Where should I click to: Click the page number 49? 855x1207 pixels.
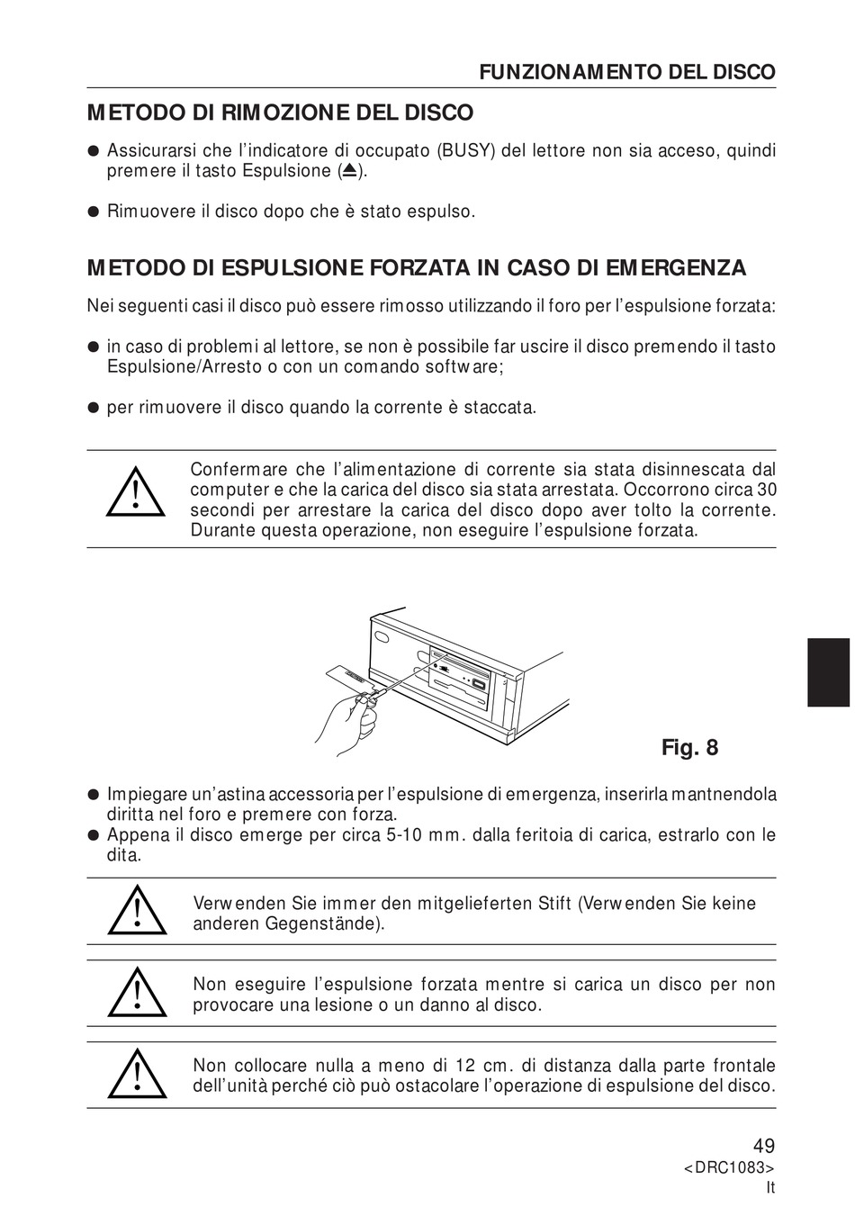(763, 1146)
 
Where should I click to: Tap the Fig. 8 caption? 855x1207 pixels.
(689, 748)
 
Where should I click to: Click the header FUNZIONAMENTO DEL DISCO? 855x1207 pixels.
(626, 73)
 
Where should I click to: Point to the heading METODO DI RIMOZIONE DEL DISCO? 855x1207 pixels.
(280, 113)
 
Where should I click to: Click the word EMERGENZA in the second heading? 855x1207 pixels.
(676, 268)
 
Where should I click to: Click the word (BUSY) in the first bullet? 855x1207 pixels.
(465, 150)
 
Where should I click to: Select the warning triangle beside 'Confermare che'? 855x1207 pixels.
(135, 493)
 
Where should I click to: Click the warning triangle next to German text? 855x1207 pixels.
(137, 911)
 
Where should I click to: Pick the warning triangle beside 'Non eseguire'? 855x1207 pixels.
(137, 993)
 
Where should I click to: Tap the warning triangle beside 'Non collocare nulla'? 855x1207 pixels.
(137, 1075)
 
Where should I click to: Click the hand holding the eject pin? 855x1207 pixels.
(346, 720)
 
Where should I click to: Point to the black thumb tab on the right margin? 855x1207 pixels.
(828, 672)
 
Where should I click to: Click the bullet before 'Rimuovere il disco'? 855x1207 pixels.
(92, 212)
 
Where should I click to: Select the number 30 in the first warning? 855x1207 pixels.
(766, 490)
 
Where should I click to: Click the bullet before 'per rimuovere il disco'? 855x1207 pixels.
(92, 408)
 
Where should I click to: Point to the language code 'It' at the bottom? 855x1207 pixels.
(769, 1187)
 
